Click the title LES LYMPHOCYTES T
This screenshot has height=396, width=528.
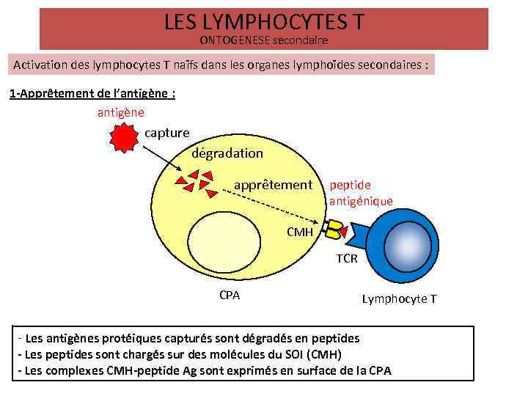coord(263,23)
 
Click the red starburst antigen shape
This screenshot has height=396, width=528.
coord(125,136)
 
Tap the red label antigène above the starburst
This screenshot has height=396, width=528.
coord(121,112)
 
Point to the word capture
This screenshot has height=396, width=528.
coord(167,133)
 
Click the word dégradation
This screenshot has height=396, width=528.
coord(227,153)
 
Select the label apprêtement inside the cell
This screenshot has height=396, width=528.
coord(273,185)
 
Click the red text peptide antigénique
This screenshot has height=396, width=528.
coord(361,193)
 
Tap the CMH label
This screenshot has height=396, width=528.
coord(300,232)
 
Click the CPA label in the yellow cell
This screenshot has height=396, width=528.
coord(230,296)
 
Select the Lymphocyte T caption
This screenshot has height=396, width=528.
coord(399,299)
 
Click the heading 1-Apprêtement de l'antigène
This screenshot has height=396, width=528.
coord(92,94)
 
